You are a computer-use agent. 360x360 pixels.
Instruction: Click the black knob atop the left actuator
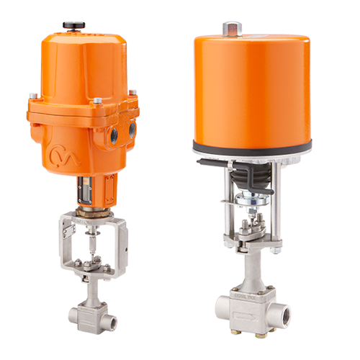pyautogui.click(x=73, y=27)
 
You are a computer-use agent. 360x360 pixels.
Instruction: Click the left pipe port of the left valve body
pyautogui.click(x=75, y=315)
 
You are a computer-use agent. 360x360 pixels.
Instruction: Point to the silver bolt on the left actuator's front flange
pyautogui.click(x=96, y=102)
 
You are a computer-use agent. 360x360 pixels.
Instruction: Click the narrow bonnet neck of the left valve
pyautogui.click(x=92, y=288)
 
